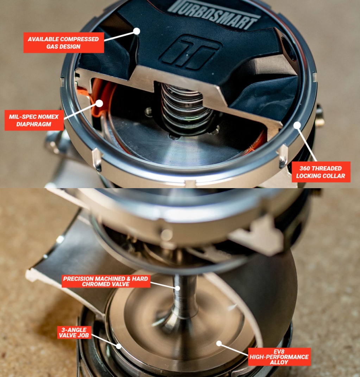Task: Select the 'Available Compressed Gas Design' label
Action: [x=64, y=43]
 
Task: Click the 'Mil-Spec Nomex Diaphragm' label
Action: [x=34, y=120]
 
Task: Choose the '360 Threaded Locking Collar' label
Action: [x=321, y=172]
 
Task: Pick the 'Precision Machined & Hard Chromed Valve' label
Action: [x=106, y=281]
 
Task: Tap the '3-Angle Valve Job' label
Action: [x=74, y=333]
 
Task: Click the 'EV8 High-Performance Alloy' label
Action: [x=279, y=357]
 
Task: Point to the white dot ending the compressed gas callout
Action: [x=137, y=31]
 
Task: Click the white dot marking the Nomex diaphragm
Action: [x=100, y=103]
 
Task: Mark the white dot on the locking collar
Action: [x=297, y=125]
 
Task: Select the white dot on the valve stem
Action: [x=177, y=288]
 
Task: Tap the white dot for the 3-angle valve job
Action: [x=119, y=346]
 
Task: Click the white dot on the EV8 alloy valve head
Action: [x=219, y=343]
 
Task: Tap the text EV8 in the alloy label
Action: [x=279, y=352]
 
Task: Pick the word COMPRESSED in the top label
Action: [x=80, y=39]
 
